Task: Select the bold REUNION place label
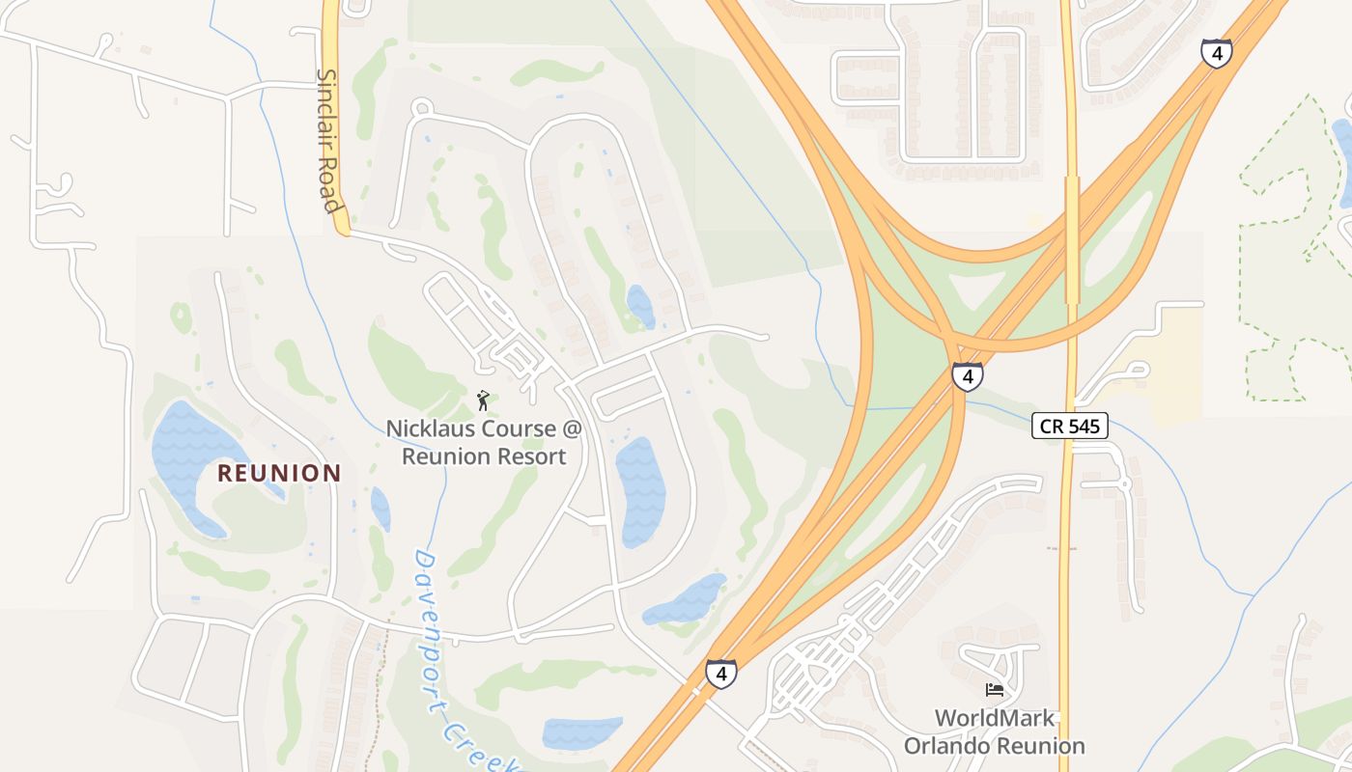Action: tap(279, 473)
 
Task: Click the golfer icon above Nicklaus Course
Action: tap(483, 399)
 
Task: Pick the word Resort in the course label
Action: tap(528, 456)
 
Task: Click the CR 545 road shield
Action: tap(1069, 426)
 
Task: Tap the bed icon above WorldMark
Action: tap(995, 689)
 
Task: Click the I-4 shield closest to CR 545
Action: tap(967, 376)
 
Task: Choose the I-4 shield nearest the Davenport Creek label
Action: tap(720, 673)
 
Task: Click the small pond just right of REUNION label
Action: tap(380, 509)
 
